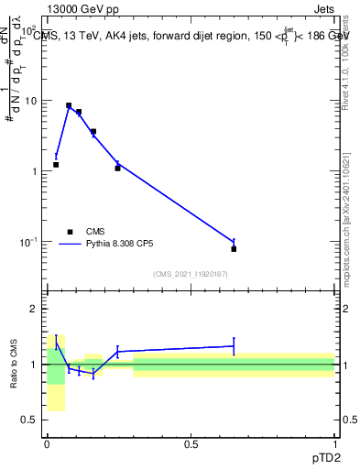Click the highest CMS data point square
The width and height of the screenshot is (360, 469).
pyautogui.click(x=69, y=105)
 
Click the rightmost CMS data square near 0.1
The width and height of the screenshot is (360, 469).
pyautogui.click(x=234, y=248)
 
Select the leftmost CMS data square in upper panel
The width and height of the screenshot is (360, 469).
pyautogui.click(x=56, y=165)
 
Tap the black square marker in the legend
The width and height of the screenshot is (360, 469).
pyautogui.click(x=69, y=232)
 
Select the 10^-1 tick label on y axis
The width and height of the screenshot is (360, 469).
pyautogui.click(x=28, y=241)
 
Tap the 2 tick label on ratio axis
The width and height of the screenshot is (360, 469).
pyautogui.click(x=36, y=309)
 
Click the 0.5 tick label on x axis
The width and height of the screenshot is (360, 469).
pyautogui.click(x=191, y=444)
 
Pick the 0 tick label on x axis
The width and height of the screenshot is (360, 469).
pyautogui.click(x=47, y=444)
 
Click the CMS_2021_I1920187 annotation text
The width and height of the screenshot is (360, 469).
pyautogui.click(x=191, y=274)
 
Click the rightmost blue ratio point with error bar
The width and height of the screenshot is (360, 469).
pyautogui.click(x=234, y=346)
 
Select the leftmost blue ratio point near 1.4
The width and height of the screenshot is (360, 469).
pyautogui.click(x=56, y=343)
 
